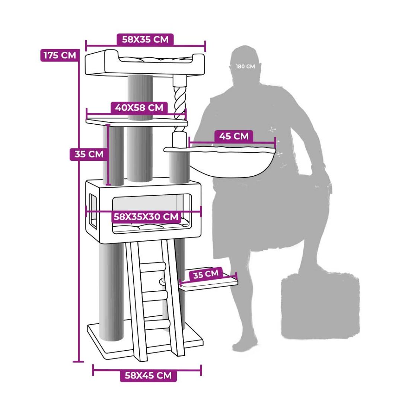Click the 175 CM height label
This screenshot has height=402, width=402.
pos(60,55)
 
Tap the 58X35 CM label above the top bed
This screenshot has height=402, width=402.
pos(145,39)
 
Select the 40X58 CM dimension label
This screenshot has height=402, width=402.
pos(139,108)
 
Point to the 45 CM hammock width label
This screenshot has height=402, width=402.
pos(234,136)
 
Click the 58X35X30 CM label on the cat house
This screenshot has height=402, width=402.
pos(146,217)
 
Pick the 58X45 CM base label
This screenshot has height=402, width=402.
pos(148,376)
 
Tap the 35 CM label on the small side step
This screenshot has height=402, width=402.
pos(205,274)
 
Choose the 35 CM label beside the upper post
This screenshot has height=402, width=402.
pos(89,154)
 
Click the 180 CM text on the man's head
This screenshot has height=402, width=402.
pos(245,67)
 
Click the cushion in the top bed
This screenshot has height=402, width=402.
pos(156,60)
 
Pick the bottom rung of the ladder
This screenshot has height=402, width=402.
pos(157,325)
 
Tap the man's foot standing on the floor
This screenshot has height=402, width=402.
pos(245,344)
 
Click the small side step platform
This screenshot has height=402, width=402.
pos(209,282)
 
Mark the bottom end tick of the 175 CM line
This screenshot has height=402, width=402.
pos(78,361)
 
